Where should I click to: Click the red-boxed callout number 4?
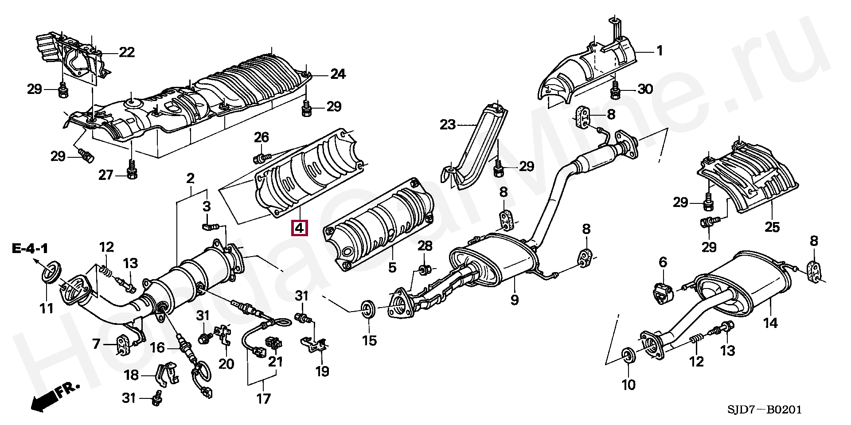click(x=299, y=228)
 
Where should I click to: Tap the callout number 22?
click(x=127, y=52)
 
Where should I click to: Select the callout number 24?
click(x=338, y=74)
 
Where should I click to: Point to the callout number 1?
click(x=660, y=51)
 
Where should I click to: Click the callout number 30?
click(x=645, y=89)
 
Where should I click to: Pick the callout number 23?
click(x=448, y=125)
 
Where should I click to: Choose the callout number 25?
click(x=772, y=227)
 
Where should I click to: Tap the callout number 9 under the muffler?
click(x=514, y=300)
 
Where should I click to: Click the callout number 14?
click(x=770, y=323)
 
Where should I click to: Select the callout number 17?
click(x=263, y=399)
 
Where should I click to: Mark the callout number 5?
click(x=392, y=267)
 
